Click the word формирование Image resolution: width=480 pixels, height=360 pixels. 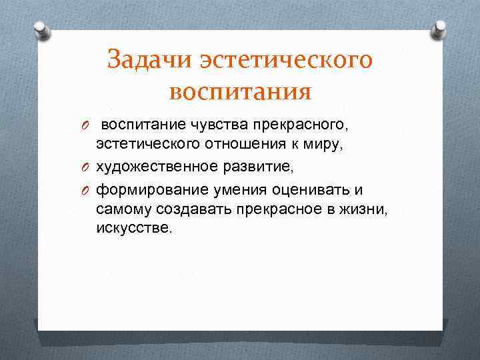(x=150, y=190)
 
